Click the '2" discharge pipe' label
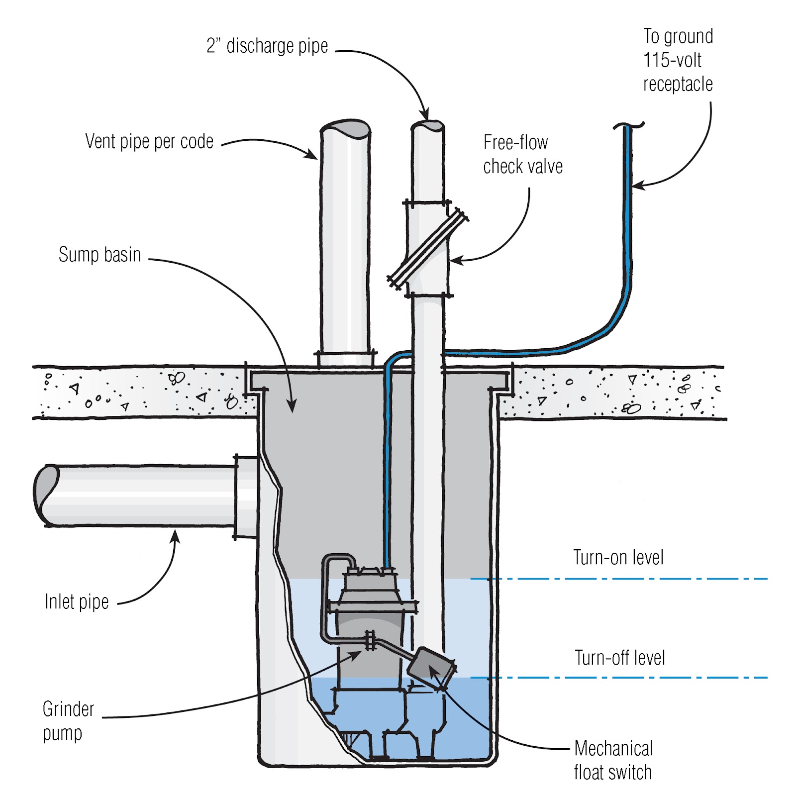click(267, 46)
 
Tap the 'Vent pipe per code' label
click(149, 141)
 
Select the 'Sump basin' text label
click(99, 255)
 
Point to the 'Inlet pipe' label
click(77, 601)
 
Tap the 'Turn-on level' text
click(618, 558)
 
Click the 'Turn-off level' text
click(620, 658)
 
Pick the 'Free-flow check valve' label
click(523, 154)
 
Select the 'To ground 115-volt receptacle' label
click(678, 60)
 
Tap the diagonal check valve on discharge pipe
click(428, 248)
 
